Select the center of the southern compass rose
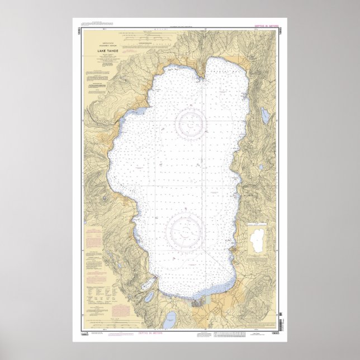pos(186,229)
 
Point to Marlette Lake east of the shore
pos(266,115)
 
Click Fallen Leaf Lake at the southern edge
pos(168,321)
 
